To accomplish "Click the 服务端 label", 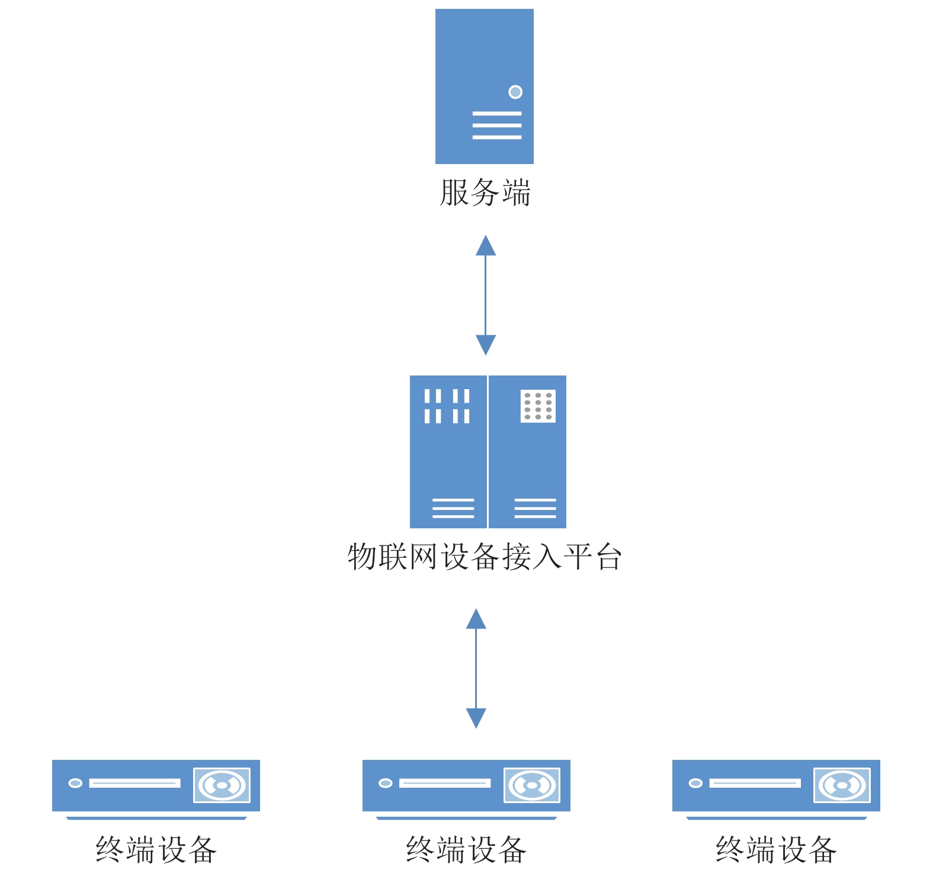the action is point(485,193).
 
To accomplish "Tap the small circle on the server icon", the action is point(515,92).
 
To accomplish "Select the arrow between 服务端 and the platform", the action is point(486,295).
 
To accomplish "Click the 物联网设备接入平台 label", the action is point(485,557).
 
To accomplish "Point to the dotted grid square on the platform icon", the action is point(538,406).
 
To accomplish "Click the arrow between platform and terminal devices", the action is point(476,668).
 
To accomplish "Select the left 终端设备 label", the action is point(156,850).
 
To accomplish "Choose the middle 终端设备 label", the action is point(466,850).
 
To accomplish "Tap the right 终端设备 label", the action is point(776,850).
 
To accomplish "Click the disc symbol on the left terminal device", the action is point(222,785).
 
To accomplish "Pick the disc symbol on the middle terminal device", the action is point(532,785).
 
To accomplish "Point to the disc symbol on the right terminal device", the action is point(842,785).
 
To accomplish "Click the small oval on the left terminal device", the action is point(75,783).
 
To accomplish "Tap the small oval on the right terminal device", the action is point(695,783).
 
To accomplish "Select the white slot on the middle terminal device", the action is point(445,783).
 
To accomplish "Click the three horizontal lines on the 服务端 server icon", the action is point(497,125).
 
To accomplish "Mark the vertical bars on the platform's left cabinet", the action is point(447,406).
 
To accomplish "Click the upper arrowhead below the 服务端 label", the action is point(486,246).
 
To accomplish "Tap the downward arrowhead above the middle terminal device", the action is point(476,718).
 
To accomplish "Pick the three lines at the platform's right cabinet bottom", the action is point(536,508).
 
